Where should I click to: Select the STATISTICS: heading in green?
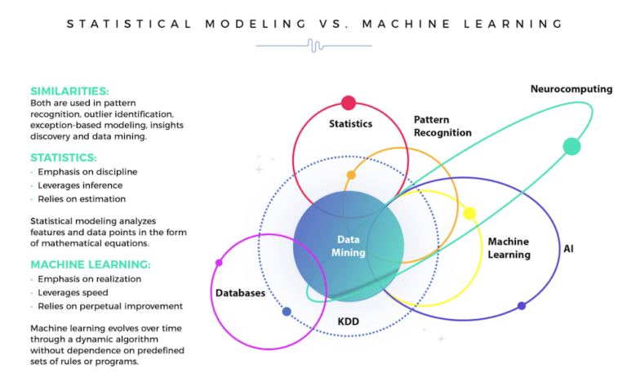point(64,157)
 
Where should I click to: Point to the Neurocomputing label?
point(571,89)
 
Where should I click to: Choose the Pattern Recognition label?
point(442,126)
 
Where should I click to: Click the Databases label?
point(240,293)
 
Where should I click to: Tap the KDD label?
point(349,322)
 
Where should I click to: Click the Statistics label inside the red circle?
point(350,124)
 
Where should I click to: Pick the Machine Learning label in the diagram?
point(509,248)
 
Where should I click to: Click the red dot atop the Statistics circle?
point(349,103)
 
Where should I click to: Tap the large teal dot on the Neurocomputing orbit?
point(571,147)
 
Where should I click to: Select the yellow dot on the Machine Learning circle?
point(469,214)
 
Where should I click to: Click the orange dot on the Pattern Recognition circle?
point(351,175)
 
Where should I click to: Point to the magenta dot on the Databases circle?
point(219,263)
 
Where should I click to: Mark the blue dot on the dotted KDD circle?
point(287,312)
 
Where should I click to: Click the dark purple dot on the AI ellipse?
point(522,306)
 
